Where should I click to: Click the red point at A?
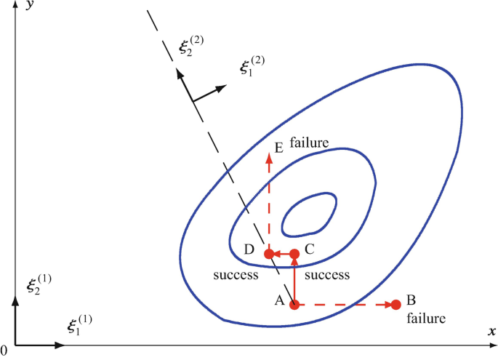click(x=294, y=304)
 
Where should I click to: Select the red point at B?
click(x=396, y=304)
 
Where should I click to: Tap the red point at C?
click(x=294, y=254)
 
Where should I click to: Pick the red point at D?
click(x=268, y=254)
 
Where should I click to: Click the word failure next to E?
click(x=310, y=143)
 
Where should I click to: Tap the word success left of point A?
click(x=236, y=276)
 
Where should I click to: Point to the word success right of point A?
click(x=327, y=276)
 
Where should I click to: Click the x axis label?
click(x=491, y=332)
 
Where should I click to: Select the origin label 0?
click(x=4, y=351)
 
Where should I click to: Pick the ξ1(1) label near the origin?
click(x=79, y=325)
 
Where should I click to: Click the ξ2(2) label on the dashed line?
click(x=191, y=46)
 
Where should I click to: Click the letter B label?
click(x=411, y=300)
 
